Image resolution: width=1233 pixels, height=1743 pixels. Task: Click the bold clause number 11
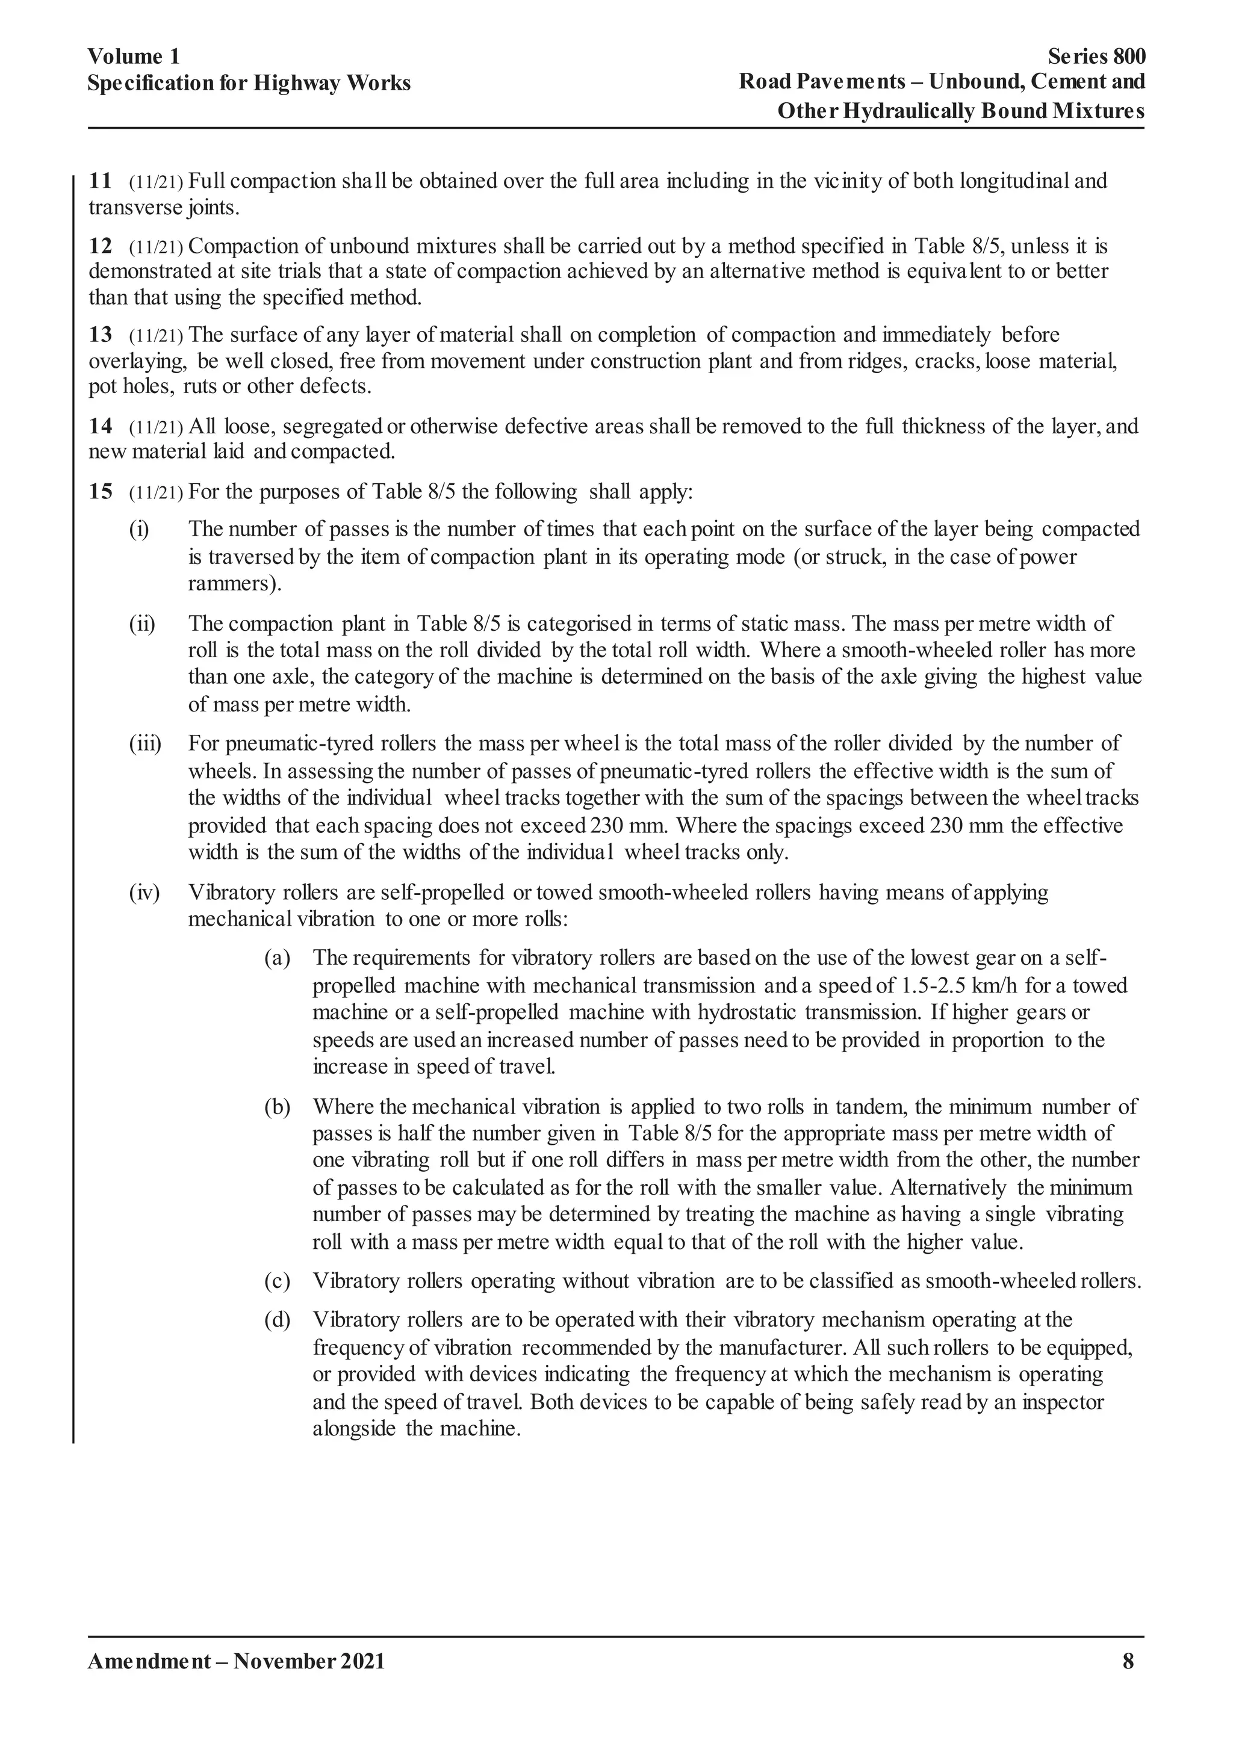click(x=100, y=181)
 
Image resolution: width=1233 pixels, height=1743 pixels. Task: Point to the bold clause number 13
click(x=100, y=335)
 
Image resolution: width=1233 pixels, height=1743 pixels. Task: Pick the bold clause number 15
click(x=100, y=492)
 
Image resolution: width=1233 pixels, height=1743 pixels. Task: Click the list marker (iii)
click(x=145, y=743)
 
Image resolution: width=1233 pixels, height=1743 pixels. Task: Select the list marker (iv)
click(x=144, y=892)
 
